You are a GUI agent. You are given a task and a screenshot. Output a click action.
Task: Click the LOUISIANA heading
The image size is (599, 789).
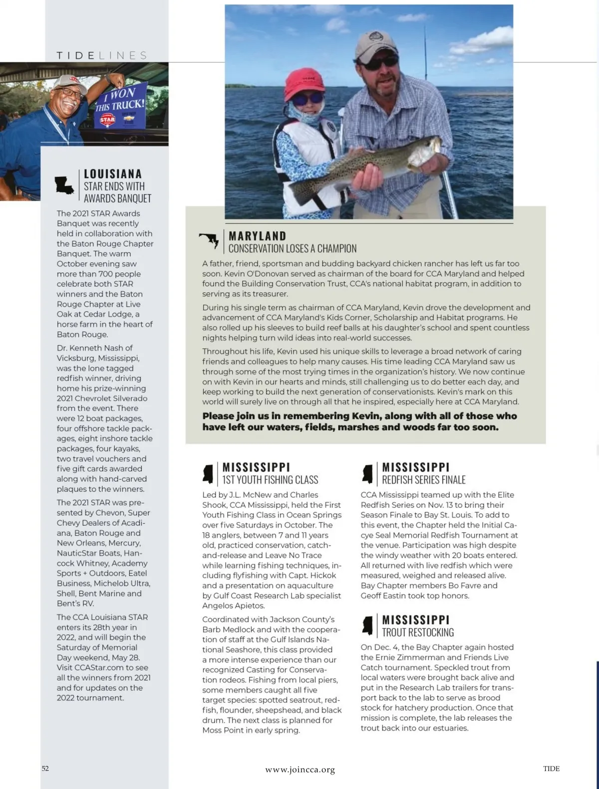coord(113,174)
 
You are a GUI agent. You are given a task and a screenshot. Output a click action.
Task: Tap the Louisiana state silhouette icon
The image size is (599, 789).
coord(64,186)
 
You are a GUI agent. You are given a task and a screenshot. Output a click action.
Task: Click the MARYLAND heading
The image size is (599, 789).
coord(258,236)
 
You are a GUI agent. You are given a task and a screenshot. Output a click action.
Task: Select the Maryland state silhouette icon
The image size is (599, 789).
coord(210,240)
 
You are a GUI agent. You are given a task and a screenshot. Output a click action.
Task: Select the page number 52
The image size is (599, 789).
coord(45,768)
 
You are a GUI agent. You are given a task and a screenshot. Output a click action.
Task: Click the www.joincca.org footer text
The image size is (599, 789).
coord(300,770)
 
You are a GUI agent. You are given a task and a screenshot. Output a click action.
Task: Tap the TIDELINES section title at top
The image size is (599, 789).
coord(102,55)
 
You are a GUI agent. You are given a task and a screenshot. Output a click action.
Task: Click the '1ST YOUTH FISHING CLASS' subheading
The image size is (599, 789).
coord(270,480)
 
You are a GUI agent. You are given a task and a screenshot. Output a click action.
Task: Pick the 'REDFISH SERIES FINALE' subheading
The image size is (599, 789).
coord(424,480)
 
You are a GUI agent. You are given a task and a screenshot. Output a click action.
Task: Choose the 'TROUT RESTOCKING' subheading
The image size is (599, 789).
coord(418,632)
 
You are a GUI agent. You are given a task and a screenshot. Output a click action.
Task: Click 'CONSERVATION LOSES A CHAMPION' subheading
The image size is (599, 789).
coord(293,248)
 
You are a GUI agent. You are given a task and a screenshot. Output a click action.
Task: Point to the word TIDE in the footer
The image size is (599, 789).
coord(551,769)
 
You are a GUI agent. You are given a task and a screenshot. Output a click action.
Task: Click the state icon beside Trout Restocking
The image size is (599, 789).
coord(367,625)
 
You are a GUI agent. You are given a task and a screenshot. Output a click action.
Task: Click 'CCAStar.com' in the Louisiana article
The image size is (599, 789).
coord(97,667)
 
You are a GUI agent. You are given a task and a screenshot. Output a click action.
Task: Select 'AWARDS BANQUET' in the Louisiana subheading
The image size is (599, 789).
coord(117,198)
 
